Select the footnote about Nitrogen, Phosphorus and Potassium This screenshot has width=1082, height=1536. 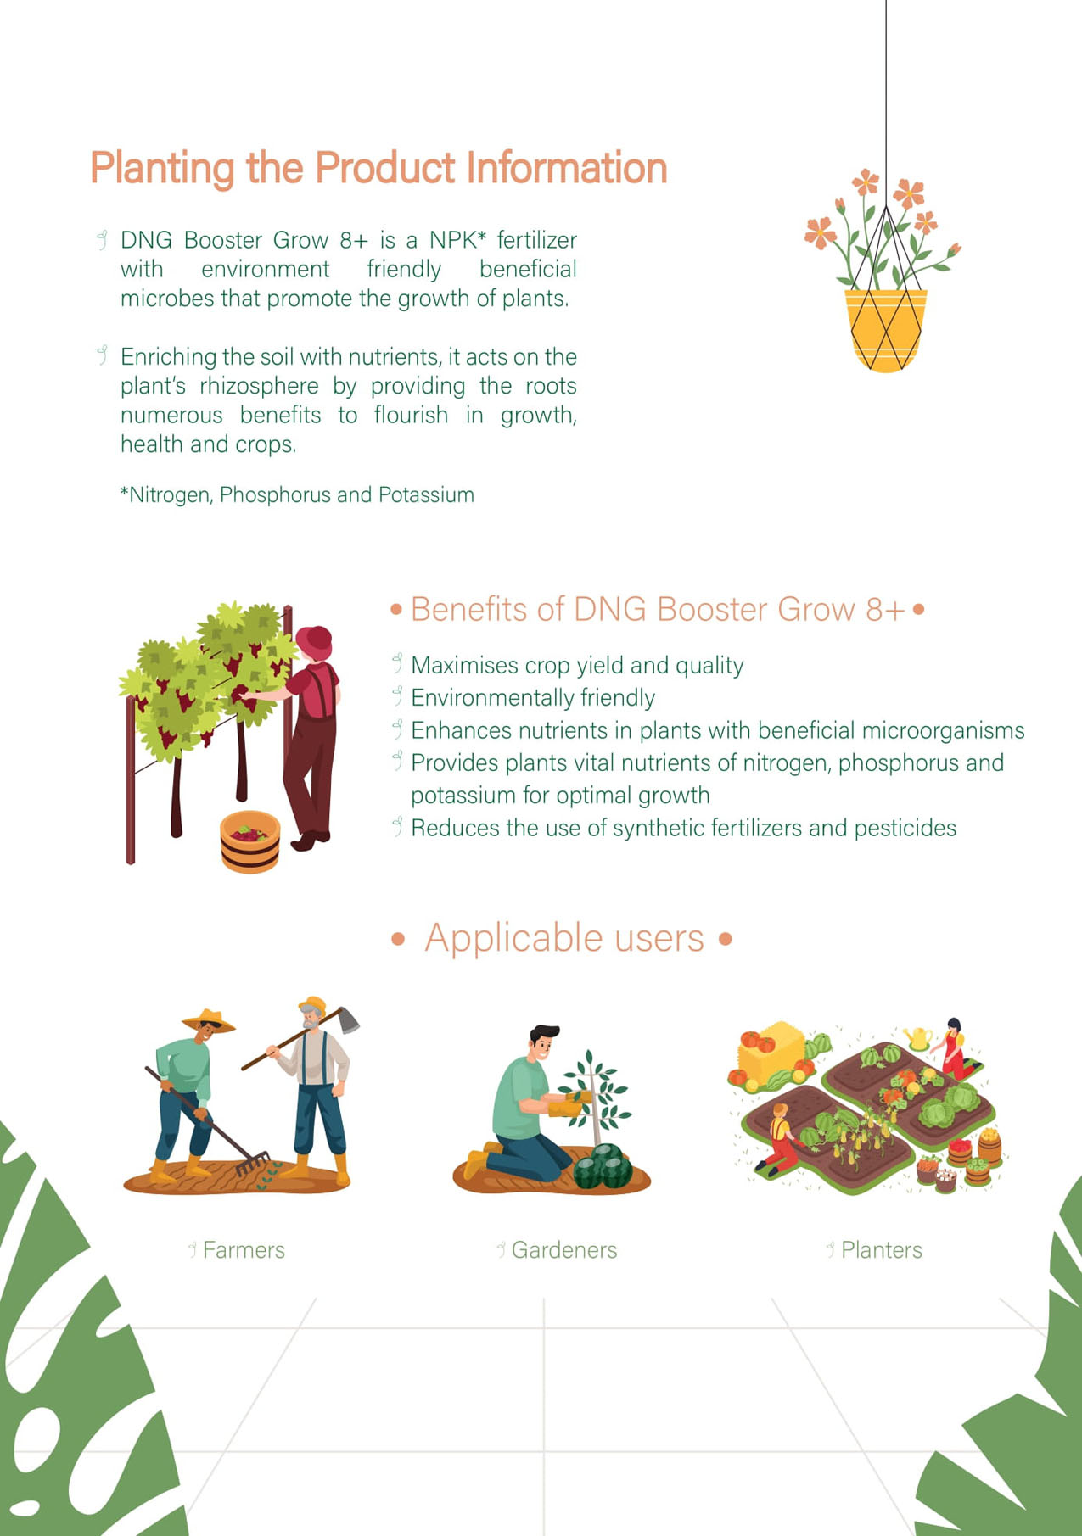click(297, 495)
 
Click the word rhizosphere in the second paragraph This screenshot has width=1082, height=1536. click(259, 386)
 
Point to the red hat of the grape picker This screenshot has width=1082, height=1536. click(315, 641)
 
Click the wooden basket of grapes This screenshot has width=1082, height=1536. click(249, 841)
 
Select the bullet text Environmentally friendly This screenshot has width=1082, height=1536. click(533, 698)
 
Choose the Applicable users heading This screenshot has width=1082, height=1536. click(564, 938)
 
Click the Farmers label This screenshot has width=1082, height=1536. click(244, 1250)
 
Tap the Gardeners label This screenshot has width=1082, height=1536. click(564, 1250)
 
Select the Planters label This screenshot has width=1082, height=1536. click(882, 1250)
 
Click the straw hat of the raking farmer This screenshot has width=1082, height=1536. click(209, 1020)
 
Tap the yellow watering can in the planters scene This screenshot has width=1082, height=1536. click(917, 1038)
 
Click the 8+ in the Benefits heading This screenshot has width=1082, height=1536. click(886, 610)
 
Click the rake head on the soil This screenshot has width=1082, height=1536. click(252, 1163)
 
